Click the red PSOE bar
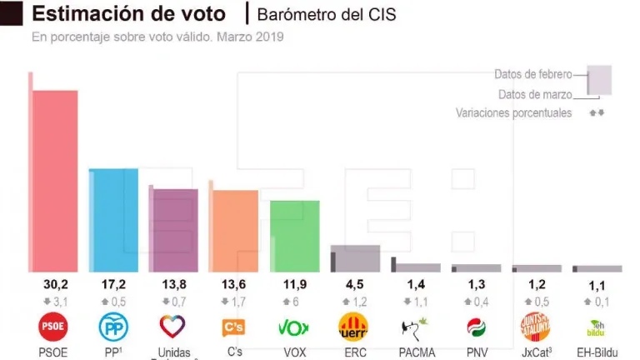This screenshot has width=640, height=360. point(55,180)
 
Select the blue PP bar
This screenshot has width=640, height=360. point(114,220)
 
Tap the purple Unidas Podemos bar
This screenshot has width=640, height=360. point(174,230)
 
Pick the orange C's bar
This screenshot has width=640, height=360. point(234,231)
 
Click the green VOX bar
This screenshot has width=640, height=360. point(295,236)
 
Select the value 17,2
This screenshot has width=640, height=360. point(113,285)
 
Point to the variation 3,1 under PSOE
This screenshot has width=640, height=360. point(54,302)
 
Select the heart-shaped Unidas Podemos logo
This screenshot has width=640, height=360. point(173,326)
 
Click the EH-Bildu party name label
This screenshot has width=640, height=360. point(597,352)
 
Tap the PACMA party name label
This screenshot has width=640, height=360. point(416,352)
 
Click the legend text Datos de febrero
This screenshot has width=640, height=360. point(533,74)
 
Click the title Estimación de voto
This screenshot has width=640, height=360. point(128,14)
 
